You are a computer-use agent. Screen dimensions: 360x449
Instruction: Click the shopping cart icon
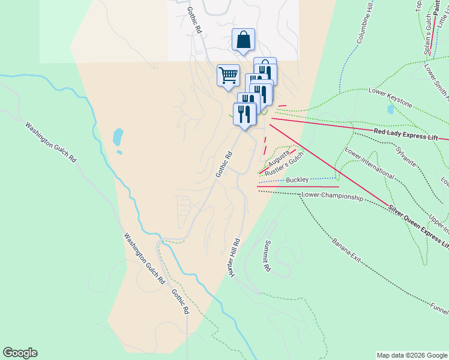pos(228,76)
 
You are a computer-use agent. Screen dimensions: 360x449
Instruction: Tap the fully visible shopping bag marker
pos(243,40)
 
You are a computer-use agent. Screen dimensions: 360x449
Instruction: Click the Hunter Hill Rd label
pos(234,258)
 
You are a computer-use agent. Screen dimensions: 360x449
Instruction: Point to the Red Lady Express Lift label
pos(406,134)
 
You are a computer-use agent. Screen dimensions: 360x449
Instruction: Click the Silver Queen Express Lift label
pos(418,227)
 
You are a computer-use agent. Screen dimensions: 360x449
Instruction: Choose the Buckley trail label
pos(297,179)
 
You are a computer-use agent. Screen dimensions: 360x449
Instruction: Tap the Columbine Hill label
pos(367,26)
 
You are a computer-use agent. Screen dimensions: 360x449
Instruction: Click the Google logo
pos(20,353)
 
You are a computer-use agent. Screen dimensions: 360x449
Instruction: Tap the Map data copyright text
pos(411,355)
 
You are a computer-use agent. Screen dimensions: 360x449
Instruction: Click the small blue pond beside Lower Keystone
pos(391,110)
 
